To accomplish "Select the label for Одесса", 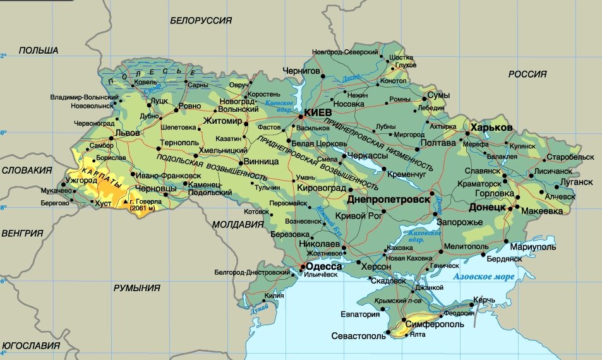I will click(x=324, y=267).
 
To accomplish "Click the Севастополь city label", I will click(x=358, y=337).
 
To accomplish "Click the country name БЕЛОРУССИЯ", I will click(x=201, y=21).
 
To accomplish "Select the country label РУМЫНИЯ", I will click(x=137, y=287).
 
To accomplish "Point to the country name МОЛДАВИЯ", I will click(x=238, y=224).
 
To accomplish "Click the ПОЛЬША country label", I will click(x=39, y=51).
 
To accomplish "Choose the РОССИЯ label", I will click(x=527, y=74).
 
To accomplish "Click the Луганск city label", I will click(x=576, y=182).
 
